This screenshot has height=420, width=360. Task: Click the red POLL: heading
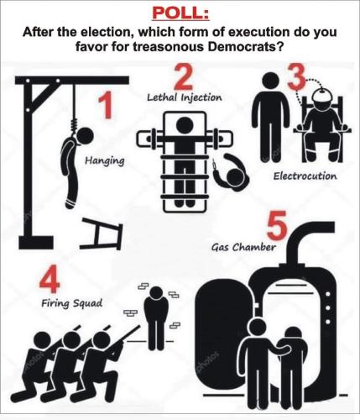click(x=180, y=13)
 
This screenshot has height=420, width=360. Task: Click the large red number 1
click(x=106, y=106)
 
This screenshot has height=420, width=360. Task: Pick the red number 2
click(x=184, y=76)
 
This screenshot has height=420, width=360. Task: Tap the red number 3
click(x=296, y=77)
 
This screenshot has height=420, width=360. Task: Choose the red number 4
click(x=50, y=279)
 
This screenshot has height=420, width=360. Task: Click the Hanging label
click(x=105, y=161)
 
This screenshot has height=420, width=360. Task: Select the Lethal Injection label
click(x=185, y=97)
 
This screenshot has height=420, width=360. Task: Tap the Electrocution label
click(x=305, y=176)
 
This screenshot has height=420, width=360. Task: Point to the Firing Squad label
click(x=72, y=303)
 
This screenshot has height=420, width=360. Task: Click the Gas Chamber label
click(x=243, y=247)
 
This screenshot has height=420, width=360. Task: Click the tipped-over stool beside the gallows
click(x=102, y=234)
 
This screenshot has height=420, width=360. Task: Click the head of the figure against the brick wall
click(x=157, y=293)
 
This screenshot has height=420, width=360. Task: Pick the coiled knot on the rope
click(x=74, y=127)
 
